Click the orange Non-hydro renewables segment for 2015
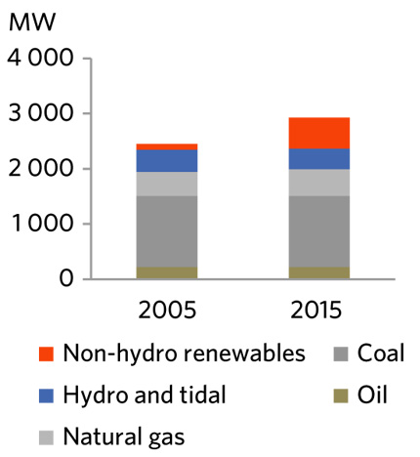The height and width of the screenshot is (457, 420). tap(318, 133)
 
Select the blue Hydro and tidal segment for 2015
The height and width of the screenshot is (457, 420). tap(318, 158)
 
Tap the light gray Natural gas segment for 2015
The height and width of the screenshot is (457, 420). tap(318, 183)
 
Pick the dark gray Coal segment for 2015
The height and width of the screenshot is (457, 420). tap(318, 231)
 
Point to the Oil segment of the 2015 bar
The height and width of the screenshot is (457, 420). tap(318, 272)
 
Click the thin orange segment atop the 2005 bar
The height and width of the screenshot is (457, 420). tap(166, 146)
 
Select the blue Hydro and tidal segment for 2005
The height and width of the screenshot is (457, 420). tap(166, 161)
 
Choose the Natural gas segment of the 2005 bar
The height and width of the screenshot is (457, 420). tap(166, 184)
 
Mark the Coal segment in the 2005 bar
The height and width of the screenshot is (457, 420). tap(166, 231)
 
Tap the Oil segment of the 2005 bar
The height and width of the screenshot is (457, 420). tap(166, 272)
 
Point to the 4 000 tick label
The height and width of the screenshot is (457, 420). tap(40, 59)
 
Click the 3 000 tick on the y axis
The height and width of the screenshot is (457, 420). tap(40, 114)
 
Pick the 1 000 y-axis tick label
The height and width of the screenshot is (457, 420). tap(40, 225)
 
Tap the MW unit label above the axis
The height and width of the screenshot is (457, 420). tap(28, 21)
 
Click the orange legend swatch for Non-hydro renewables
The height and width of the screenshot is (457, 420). tap(45, 353)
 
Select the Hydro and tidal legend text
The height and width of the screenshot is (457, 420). tap(144, 395)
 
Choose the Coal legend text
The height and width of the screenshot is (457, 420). tap(380, 353)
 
